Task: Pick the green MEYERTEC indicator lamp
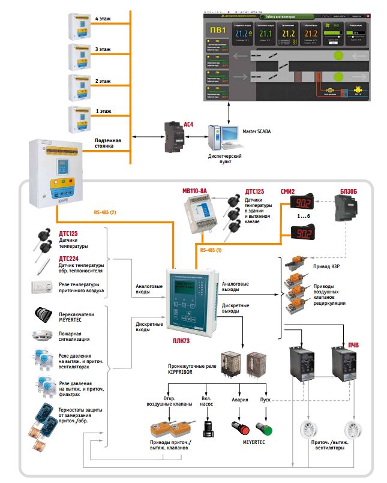[x=265, y=430]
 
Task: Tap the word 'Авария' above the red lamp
[x=240, y=399]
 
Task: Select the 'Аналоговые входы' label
[x=149, y=290]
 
